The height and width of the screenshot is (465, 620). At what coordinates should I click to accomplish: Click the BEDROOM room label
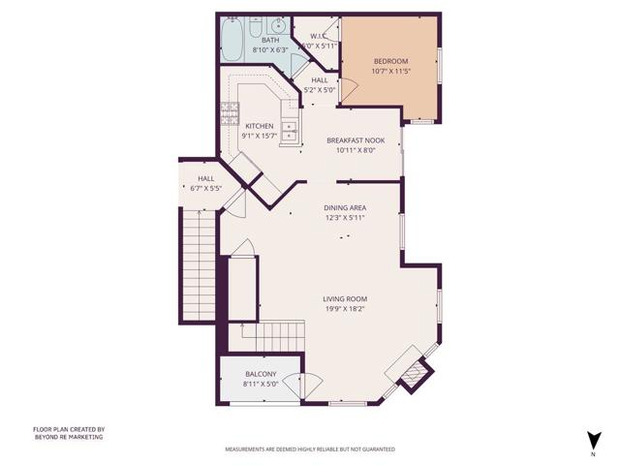391,61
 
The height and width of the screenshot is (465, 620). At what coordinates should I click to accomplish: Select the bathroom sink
276,25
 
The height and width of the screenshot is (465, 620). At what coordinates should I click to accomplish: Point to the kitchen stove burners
231,112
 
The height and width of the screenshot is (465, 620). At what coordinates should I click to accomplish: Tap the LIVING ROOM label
345,298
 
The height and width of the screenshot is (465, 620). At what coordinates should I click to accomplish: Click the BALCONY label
261,374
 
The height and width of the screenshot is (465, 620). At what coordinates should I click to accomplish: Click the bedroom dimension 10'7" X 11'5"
391,72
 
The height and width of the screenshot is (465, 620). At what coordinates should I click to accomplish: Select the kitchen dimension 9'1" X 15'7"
259,136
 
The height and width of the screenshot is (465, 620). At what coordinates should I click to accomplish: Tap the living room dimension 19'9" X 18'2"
345,309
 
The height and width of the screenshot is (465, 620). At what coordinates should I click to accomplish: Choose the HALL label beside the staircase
206,178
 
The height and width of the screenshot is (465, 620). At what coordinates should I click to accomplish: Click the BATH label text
270,40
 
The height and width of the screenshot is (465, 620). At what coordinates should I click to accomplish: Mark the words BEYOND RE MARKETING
69,437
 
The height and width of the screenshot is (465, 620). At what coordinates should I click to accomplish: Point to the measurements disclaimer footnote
310,449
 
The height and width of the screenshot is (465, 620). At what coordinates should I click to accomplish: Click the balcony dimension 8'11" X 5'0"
261,384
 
